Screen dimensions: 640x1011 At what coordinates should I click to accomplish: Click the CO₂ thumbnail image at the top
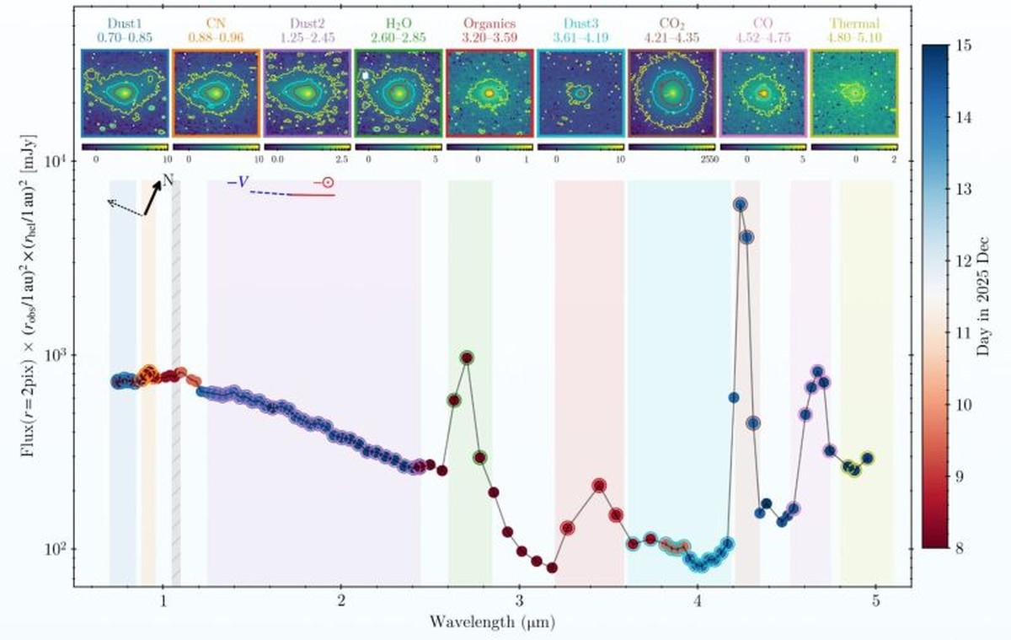click(671, 93)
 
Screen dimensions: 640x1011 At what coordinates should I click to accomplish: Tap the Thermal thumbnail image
click(853, 93)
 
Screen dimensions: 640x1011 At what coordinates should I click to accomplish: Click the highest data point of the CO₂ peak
click(740, 204)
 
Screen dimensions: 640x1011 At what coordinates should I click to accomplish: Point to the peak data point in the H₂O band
click(467, 358)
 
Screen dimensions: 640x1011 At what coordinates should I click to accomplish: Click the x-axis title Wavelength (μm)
click(491, 622)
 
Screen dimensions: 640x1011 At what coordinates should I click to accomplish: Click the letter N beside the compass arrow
click(167, 180)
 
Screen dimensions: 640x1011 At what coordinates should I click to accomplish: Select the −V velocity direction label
click(237, 181)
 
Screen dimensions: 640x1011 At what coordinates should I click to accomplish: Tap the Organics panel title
click(488, 24)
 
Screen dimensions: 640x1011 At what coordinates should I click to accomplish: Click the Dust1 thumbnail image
click(125, 93)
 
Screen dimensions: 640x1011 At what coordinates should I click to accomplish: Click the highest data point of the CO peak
click(817, 371)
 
